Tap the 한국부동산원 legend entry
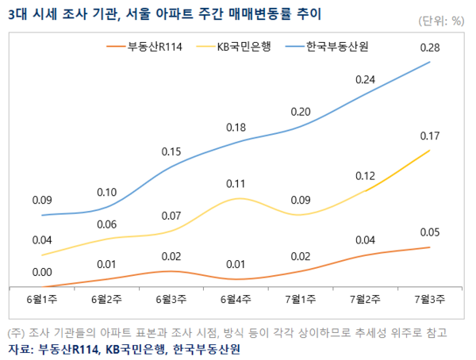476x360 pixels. click(x=337, y=46)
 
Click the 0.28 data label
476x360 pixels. click(x=430, y=48)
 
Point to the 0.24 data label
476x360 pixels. click(x=365, y=79)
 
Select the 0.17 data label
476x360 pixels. click(x=430, y=136)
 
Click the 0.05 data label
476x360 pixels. click(x=430, y=232)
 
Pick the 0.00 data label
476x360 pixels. click(x=42, y=273)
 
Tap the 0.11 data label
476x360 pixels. click(x=236, y=184)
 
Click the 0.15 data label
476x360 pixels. click(x=171, y=151)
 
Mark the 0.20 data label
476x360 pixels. click(x=301, y=112)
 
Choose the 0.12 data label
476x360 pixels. click(x=365, y=175)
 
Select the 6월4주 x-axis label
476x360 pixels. click(x=236, y=299)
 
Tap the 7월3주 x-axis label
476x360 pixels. click(x=430, y=299)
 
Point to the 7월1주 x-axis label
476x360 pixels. click(x=301, y=299)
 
